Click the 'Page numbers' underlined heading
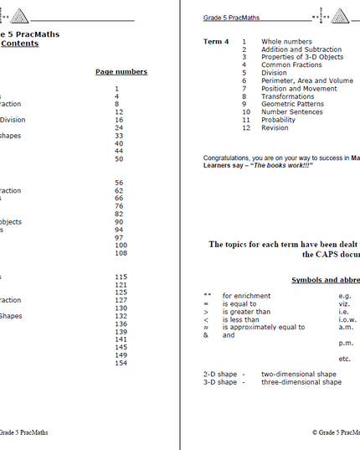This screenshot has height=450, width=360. click(121, 72)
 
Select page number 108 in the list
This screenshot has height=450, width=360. click(121, 253)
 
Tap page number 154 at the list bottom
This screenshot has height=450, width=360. click(121, 363)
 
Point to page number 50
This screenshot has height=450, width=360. click(119, 158)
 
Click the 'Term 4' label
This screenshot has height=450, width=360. click(216, 41)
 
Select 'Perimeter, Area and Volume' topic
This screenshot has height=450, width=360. click(307, 80)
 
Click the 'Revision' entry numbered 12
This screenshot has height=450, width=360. click(275, 128)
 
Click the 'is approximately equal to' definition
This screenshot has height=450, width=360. click(264, 327)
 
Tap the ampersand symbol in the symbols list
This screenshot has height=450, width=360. click(206, 335)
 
